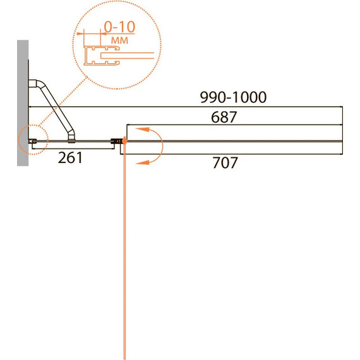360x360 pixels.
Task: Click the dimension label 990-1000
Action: [x=233, y=97]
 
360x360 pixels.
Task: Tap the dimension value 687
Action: [x=224, y=117]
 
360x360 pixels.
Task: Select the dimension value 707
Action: [x=225, y=163]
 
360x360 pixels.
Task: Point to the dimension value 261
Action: [x=70, y=158]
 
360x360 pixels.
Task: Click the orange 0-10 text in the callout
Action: [x=119, y=27]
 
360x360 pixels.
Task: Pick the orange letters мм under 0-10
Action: [x=119, y=40]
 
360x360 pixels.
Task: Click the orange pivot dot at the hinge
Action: [x=124, y=141]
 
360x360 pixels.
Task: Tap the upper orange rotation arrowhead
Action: [x=142, y=129]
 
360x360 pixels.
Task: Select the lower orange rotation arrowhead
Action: [x=142, y=162]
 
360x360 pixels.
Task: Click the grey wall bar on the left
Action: [x=23, y=103]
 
